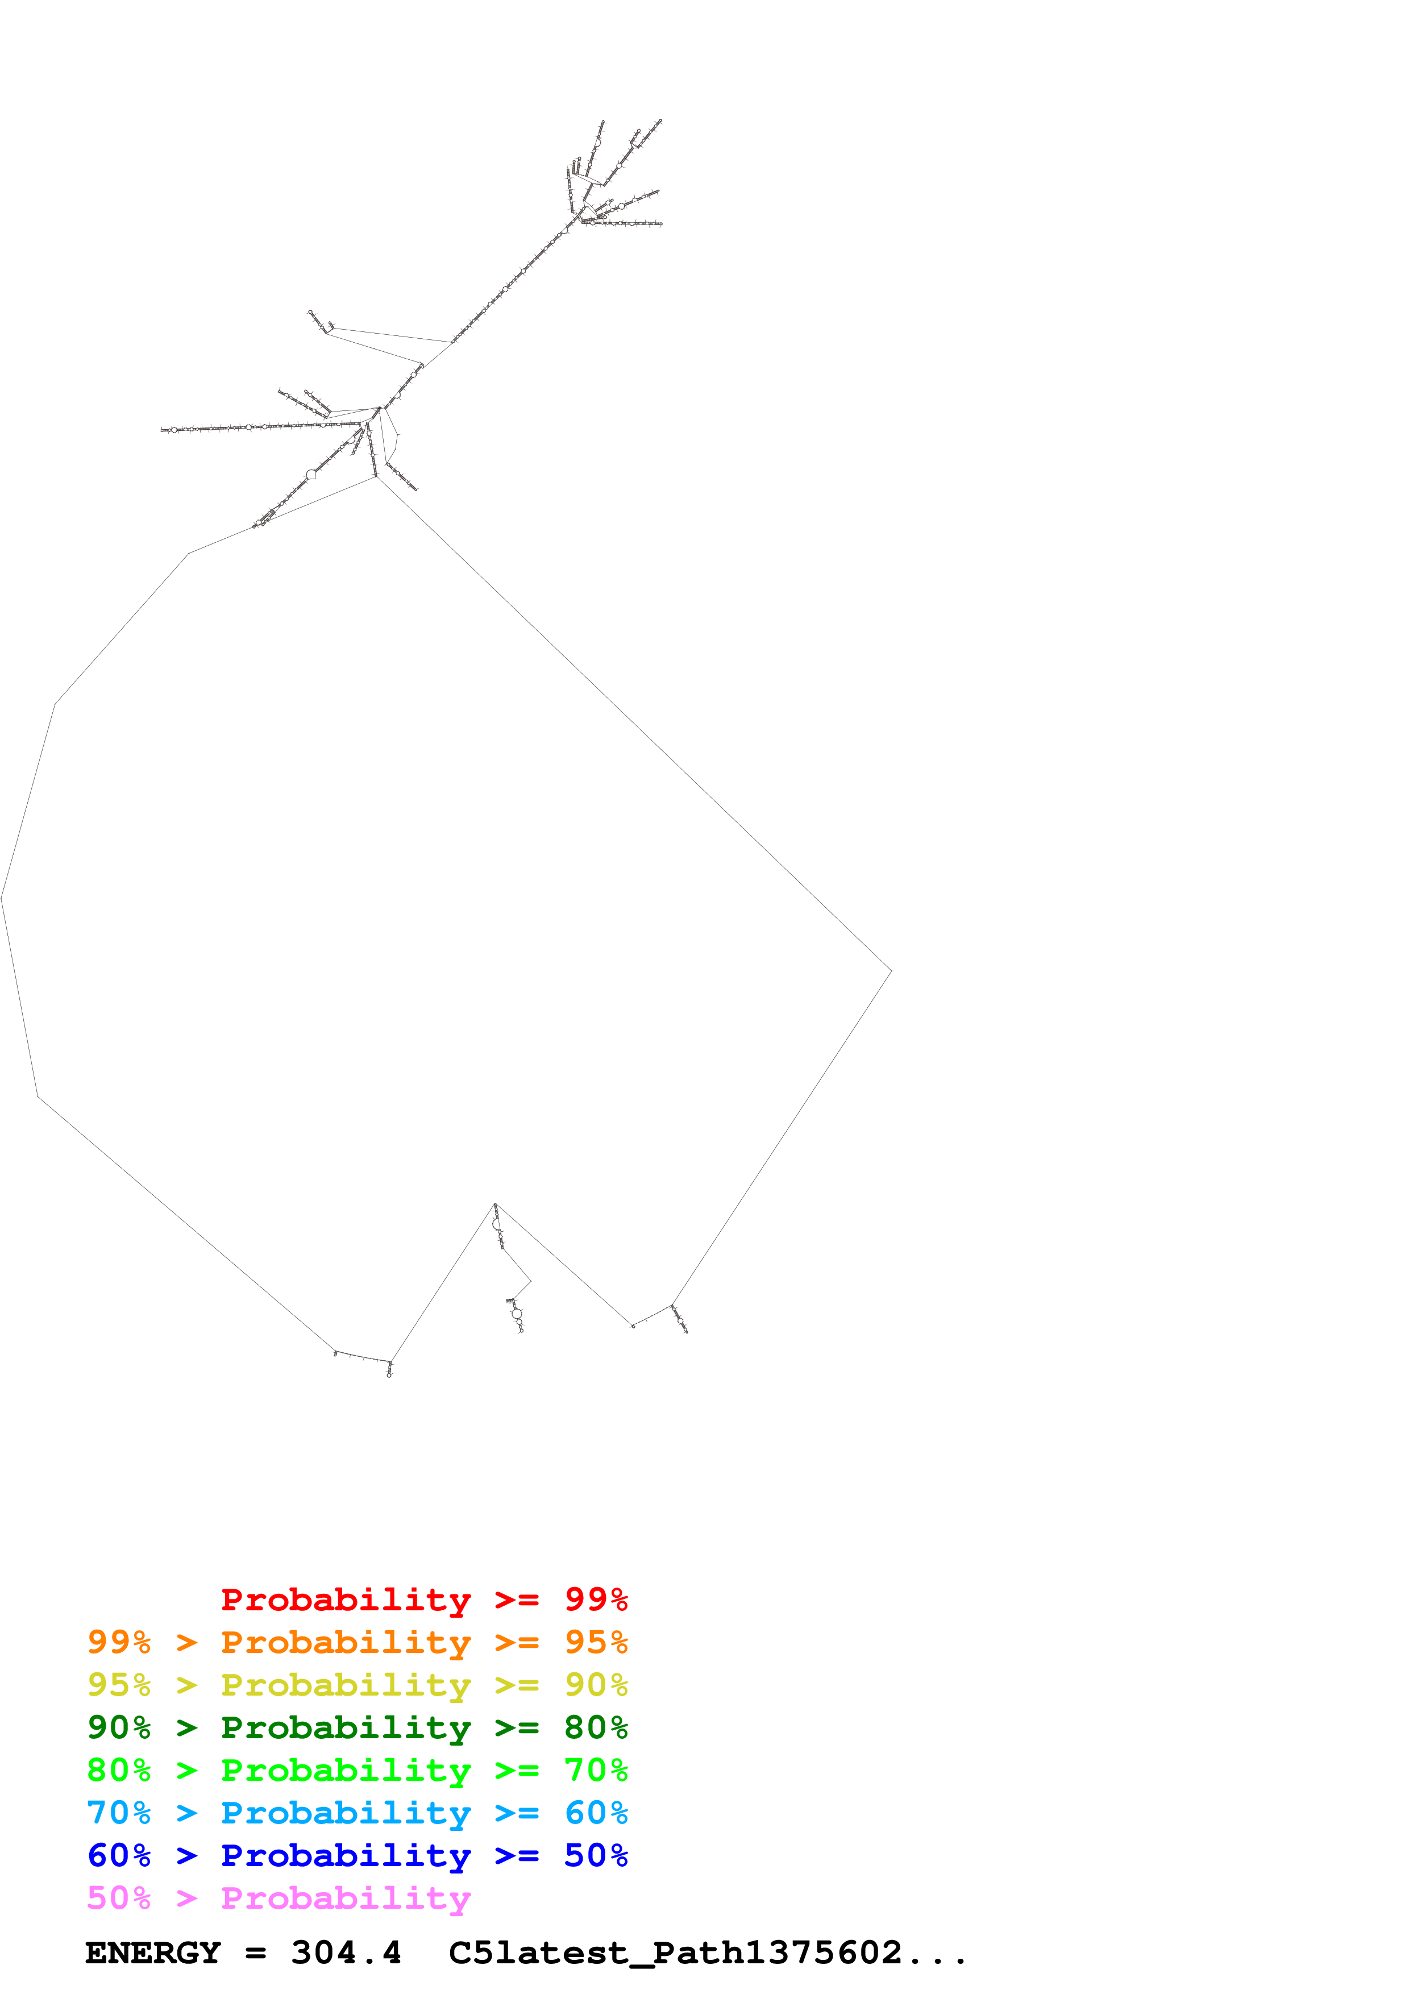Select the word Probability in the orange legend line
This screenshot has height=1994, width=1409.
point(346,1643)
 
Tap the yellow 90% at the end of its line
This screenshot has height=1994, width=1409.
point(596,1686)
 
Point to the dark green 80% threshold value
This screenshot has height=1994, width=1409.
point(596,1728)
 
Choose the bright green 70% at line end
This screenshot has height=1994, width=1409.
point(596,1771)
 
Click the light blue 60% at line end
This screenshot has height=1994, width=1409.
point(596,1813)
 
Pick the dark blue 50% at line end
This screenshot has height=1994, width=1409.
point(596,1856)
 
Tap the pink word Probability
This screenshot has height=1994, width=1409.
point(346,1899)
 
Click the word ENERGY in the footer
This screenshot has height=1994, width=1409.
point(153,1953)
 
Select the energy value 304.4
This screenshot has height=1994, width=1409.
point(346,1953)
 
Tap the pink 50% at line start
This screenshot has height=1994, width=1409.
point(119,1899)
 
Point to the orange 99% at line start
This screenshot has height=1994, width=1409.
point(119,1643)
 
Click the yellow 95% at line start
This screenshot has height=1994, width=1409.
point(119,1686)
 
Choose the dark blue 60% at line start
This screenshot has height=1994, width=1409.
point(119,1856)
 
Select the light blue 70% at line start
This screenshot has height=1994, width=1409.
point(119,1813)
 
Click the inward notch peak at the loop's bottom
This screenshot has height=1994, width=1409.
point(495,1204)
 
